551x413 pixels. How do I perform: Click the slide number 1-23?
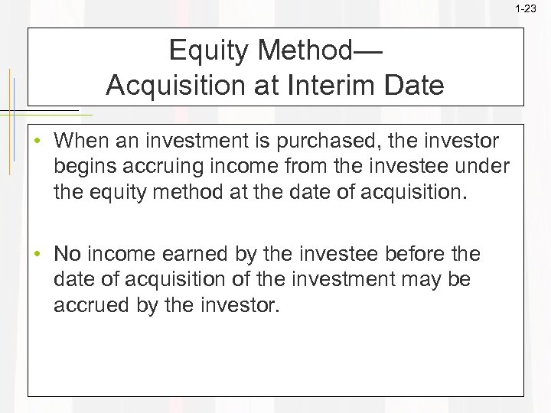point(526,9)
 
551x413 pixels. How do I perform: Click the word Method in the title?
point(307,51)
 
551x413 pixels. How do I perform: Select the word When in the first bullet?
point(81,141)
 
